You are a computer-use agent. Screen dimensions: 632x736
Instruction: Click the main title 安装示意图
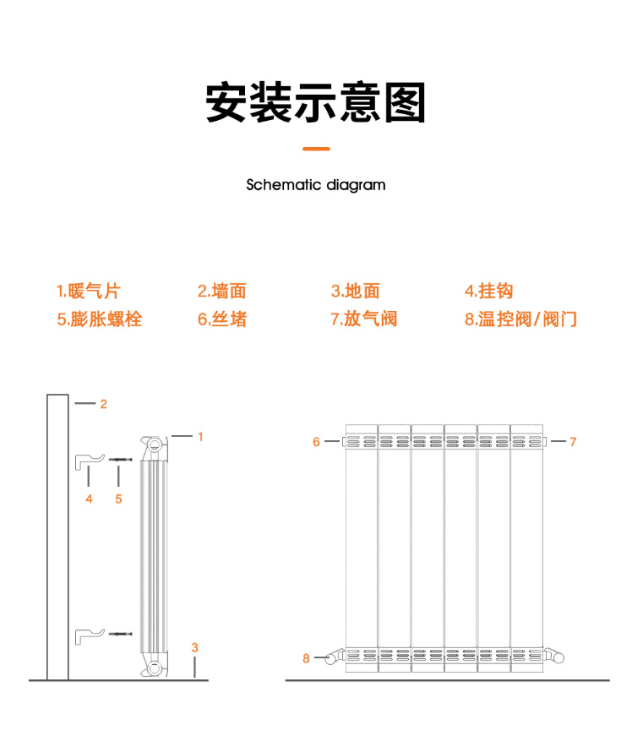(x=315, y=102)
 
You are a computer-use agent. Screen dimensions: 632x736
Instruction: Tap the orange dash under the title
(x=316, y=149)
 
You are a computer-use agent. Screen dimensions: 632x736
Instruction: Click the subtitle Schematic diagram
(x=316, y=185)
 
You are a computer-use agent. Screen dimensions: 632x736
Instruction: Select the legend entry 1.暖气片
(x=88, y=291)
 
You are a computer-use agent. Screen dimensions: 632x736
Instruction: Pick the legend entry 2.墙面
(x=222, y=291)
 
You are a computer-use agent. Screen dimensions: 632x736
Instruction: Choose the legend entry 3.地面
(x=355, y=291)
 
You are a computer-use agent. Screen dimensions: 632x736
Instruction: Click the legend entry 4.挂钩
(x=489, y=291)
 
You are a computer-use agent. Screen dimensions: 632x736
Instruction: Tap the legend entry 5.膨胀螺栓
(x=99, y=319)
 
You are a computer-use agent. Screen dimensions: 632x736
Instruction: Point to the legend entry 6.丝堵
(x=222, y=319)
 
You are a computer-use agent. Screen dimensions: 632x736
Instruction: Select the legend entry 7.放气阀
(x=364, y=319)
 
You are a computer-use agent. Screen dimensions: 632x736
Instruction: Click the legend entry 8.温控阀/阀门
(x=520, y=319)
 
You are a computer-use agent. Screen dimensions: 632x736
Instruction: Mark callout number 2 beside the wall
(x=104, y=404)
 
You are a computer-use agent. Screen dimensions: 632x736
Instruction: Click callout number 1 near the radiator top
(x=200, y=437)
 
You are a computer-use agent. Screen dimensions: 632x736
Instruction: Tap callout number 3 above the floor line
(x=194, y=648)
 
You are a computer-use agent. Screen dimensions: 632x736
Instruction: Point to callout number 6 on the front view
(x=316, y=442)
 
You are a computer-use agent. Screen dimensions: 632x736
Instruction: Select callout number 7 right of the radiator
(x=573, y=442)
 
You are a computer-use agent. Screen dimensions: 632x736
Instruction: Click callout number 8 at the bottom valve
(x=306, y=658)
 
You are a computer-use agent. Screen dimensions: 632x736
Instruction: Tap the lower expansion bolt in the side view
(x=121, y=634)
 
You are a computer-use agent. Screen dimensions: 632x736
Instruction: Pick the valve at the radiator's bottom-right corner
(x=553, y=655)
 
